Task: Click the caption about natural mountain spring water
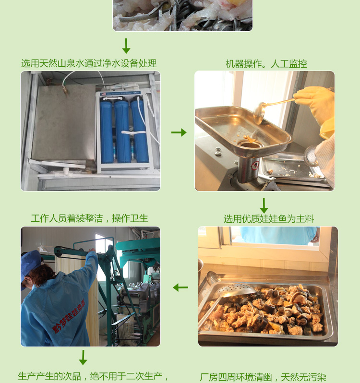89,63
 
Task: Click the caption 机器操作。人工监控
266,64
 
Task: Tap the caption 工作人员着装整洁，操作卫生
89,218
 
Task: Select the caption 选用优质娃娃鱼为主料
269,219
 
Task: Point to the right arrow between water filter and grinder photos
179,132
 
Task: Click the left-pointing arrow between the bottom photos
180,287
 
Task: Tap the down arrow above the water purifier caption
126,46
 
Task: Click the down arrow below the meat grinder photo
264,206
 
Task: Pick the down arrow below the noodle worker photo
83,358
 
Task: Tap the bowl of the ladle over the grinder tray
259,114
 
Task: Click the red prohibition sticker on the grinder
255,166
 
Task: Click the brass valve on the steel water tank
65,89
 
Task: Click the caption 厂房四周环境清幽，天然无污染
263,377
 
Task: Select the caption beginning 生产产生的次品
93,376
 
